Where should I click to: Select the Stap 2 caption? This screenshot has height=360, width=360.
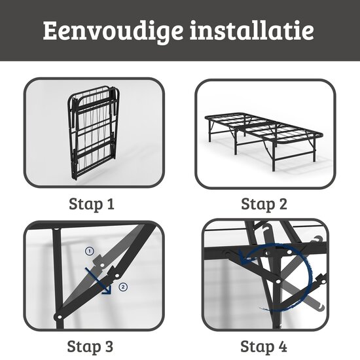(x=264, y=204)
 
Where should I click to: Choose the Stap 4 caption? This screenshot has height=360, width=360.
(x=264, y=345)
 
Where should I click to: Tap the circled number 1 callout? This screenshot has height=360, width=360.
(x=90, y=251)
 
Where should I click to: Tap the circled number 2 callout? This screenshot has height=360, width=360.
(x=124, y=286)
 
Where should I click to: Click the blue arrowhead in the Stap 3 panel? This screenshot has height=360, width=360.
(x=107, y=287)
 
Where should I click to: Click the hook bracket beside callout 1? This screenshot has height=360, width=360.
(x=100, y=261)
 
